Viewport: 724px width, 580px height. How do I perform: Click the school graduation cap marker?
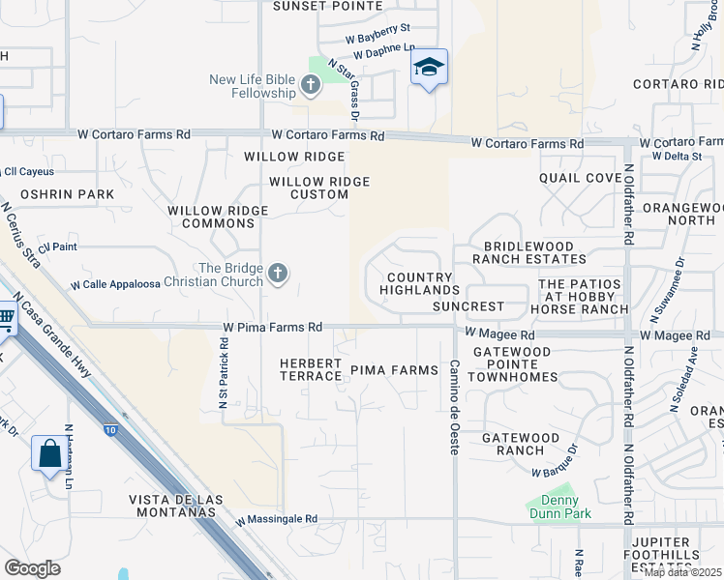429,68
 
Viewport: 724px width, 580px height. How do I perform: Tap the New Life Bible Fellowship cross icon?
311,86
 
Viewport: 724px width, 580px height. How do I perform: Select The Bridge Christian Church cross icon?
278,275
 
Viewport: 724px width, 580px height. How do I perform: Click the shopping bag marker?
49,453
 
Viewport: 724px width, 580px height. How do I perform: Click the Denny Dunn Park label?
554,507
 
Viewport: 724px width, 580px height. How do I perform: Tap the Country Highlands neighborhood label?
419,284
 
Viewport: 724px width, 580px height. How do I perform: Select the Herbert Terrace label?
311,369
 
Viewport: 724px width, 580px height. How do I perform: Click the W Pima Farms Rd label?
272,328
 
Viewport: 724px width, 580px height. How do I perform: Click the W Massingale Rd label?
277,519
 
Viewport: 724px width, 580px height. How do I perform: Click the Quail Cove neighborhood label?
581,178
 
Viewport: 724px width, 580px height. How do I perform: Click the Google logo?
32,568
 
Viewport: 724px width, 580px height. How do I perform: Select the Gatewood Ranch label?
521,444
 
